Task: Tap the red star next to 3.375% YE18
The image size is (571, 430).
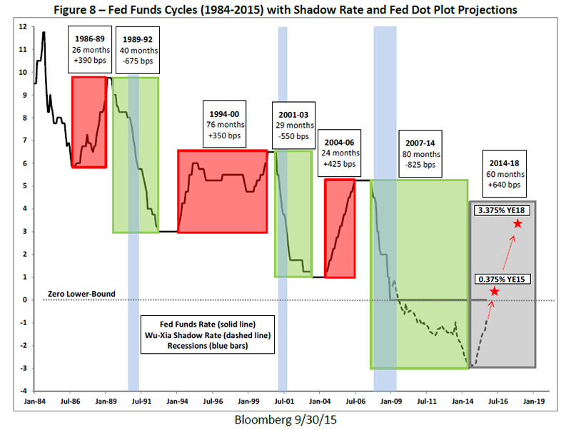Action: coord(517,224)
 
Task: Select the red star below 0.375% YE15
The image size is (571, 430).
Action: coord(494,292)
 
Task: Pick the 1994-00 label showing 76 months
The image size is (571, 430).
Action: coord(226,124)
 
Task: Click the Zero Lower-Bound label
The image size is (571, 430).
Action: coord(81,294)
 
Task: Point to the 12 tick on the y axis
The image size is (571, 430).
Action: coord(24,27)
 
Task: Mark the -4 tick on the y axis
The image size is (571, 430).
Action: coord(24,391)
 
